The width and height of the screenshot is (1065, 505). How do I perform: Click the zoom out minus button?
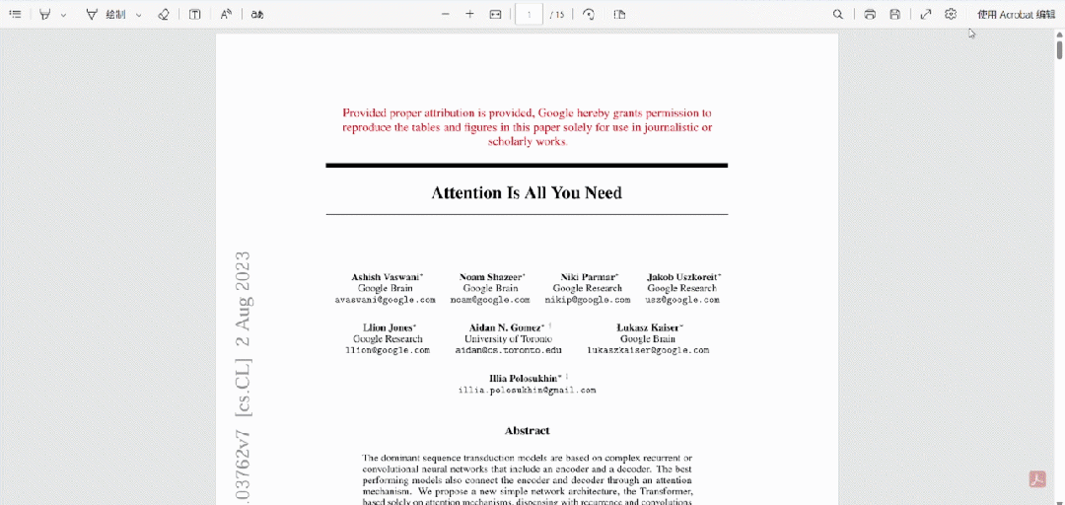445,15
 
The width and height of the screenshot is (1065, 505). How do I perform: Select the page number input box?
530,15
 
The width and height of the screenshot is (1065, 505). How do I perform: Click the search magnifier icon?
837,15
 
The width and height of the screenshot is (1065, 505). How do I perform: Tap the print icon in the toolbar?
870,15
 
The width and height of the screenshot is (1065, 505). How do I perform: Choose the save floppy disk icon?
894,15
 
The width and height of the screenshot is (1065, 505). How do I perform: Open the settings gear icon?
951,15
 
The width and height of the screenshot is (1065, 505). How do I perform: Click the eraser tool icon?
164,15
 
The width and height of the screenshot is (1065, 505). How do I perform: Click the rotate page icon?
589,15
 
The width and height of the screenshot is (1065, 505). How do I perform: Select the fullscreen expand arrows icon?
925,15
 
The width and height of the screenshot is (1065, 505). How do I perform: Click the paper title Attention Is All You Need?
527,192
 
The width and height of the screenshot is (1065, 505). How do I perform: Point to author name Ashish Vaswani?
387,277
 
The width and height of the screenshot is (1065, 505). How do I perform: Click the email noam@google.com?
490,300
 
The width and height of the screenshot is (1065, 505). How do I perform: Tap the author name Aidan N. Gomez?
507,327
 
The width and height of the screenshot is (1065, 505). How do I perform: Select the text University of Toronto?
508,339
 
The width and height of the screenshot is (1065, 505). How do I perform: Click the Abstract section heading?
527,431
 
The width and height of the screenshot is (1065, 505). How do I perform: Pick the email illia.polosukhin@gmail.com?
527,391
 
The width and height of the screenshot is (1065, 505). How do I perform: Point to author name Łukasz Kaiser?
649,327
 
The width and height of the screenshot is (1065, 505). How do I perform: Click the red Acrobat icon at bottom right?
1037,479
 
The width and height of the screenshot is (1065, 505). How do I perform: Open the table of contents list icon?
15,15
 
